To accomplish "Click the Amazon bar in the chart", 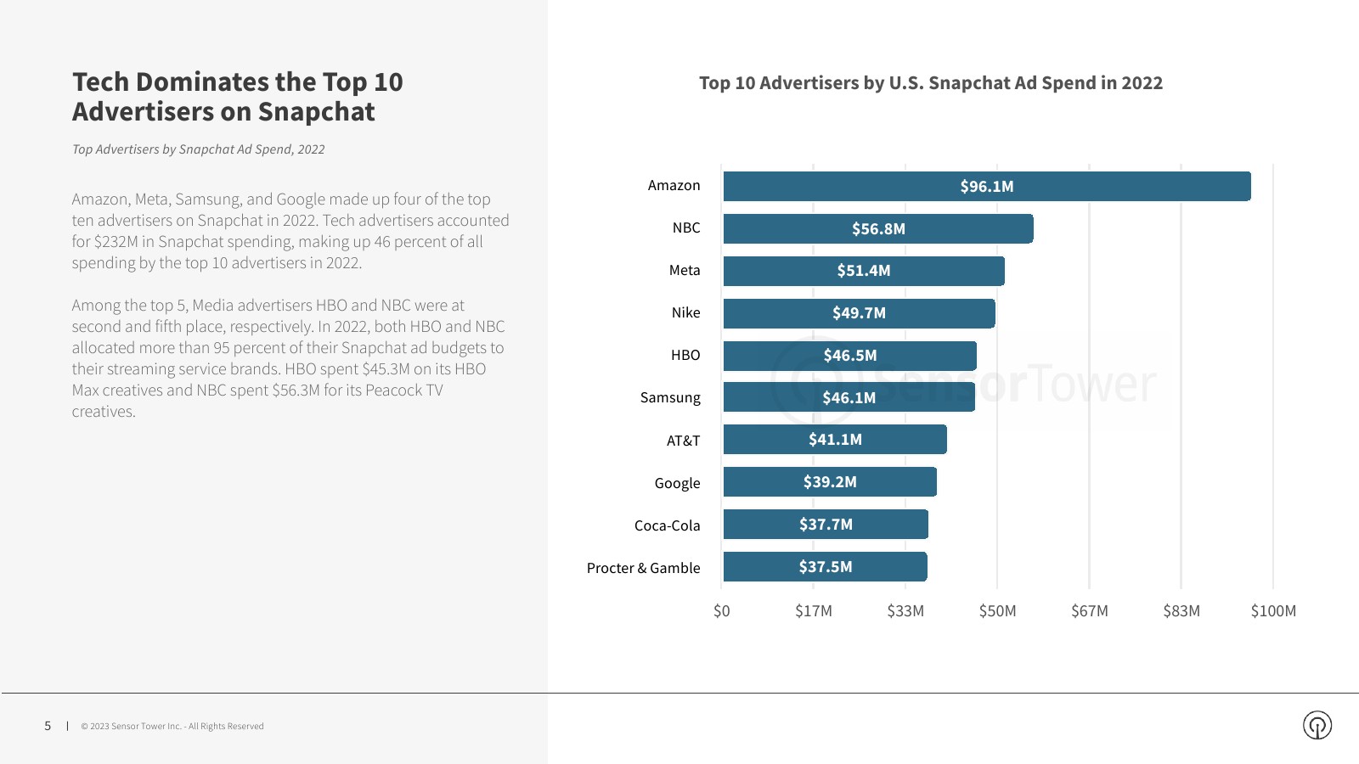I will point(986,186).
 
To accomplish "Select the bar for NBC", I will point(878,228).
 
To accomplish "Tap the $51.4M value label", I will point(864,271).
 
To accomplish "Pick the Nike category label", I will point(685,312).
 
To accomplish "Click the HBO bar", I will point(849,356).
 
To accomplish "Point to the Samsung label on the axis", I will point(670,397).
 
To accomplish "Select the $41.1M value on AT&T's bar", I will point(835,440).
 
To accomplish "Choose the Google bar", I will point(830,482).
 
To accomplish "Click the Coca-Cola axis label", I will point(667,525).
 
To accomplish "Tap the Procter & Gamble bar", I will point(825,567).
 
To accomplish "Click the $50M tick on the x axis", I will point(997,611).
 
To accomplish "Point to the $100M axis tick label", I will point(1273,611).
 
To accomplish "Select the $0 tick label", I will point(721,611).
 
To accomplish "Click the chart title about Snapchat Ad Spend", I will point(931,83).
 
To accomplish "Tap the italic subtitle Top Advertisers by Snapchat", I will point(198,149).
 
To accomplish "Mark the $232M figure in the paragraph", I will point(116,242).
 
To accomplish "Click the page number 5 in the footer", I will point(48,726).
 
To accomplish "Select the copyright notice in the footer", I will point(172,727).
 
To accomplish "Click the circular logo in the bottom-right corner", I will point(1317,725).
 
